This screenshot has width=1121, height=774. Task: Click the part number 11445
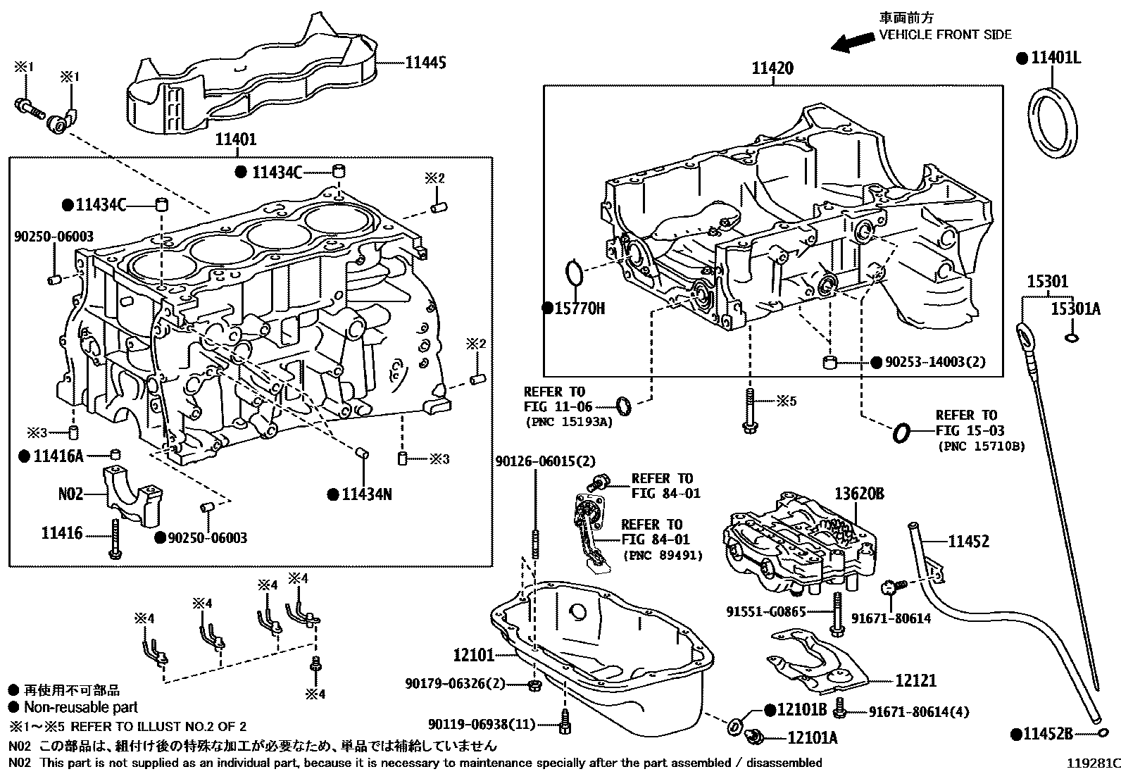tap(425, 63)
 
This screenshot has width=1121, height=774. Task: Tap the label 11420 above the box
tap(772, 68)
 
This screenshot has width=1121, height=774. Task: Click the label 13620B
tap(859, 494)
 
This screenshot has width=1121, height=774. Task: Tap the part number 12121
tap(915, 680)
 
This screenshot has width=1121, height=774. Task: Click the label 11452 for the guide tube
tap(968, 541)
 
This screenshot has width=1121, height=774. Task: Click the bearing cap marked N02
tap(132, 493)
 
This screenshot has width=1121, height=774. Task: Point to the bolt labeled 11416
tap(115, 539)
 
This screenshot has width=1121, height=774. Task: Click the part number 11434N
tap(366, 494)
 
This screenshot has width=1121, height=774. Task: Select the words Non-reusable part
tap(80, 707)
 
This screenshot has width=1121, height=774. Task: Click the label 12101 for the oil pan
tap(473, 656)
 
